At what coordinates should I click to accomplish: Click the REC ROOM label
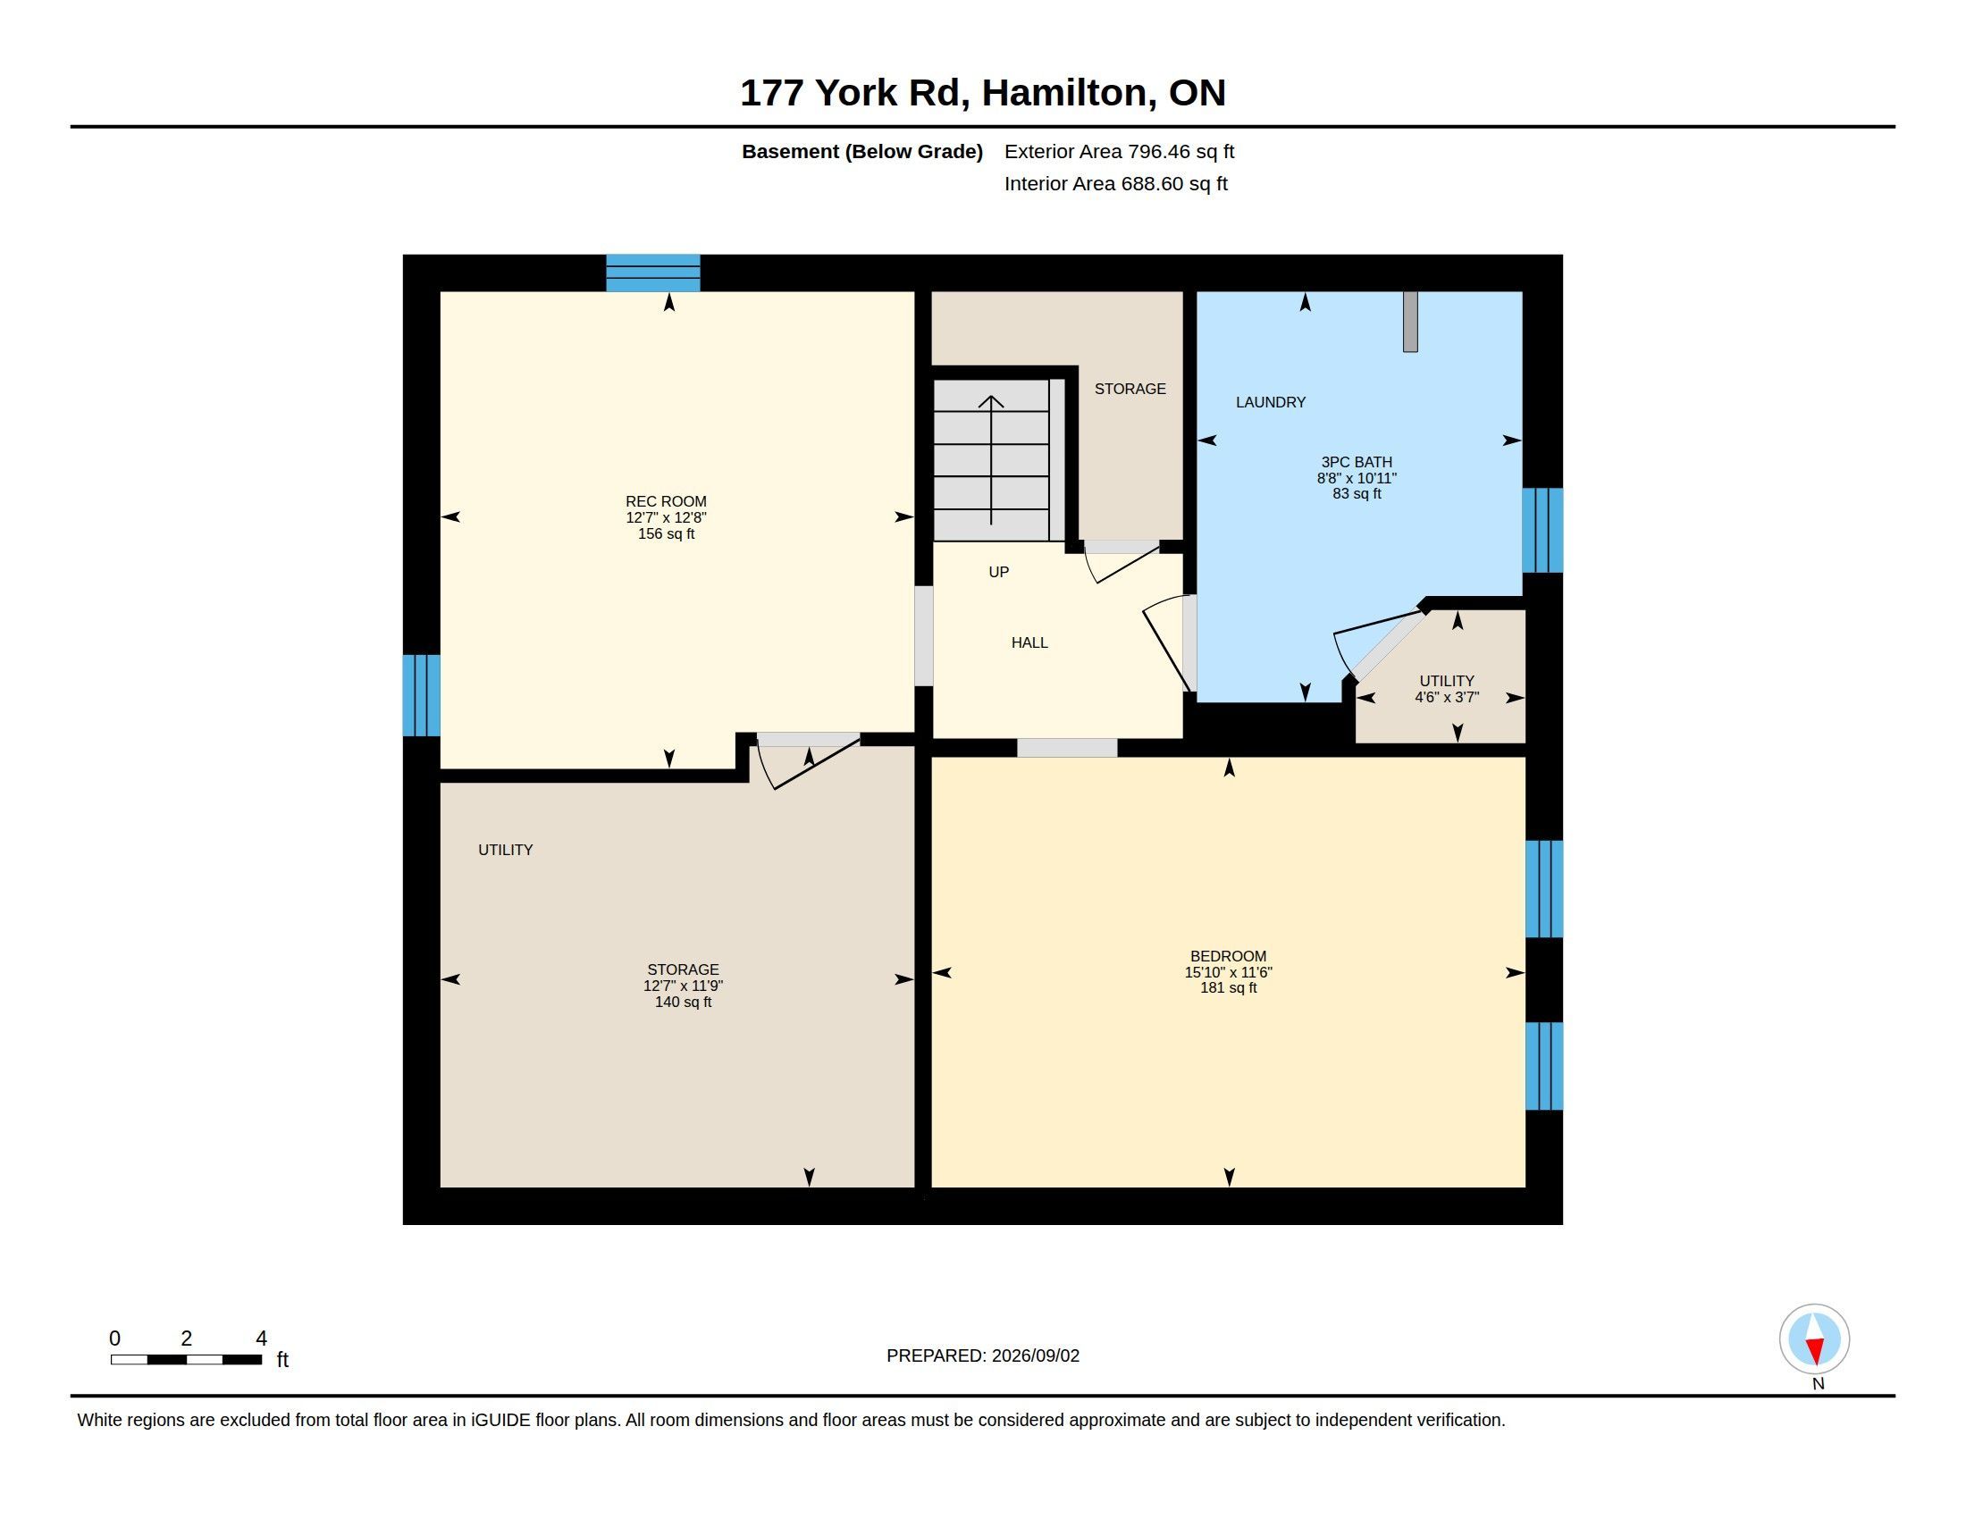tap(666, 501)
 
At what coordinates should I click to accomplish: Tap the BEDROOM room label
tap(1228, 957)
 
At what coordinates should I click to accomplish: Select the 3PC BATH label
tap(1357, 463)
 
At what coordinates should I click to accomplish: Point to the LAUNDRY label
tap(1270, 402)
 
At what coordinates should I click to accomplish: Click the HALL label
tap(1029, 642)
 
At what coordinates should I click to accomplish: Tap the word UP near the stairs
tap(998, 573)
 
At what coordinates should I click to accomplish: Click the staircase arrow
tap(991, 460)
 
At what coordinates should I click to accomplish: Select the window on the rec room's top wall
tap(652, 273)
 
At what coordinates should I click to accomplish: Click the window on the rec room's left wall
tap(421, 694)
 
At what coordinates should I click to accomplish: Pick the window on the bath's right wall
tap(1542, 530)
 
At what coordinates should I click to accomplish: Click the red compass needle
tap(1815, 1351)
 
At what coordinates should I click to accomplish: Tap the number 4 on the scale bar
tap(261, 1339)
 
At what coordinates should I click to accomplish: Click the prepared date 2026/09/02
tap(1035, 1355)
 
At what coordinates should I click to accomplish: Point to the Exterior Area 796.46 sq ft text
tap(1119, 151)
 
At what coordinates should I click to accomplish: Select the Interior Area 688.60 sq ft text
tap(1115, 183)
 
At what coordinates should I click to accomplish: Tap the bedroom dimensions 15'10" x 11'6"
tap(1228, 973)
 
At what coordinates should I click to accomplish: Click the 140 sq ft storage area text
tap(684, 1003)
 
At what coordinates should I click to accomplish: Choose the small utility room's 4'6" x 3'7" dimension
tap(1447, 698)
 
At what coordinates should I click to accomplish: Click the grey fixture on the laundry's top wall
tap(1410, 322)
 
